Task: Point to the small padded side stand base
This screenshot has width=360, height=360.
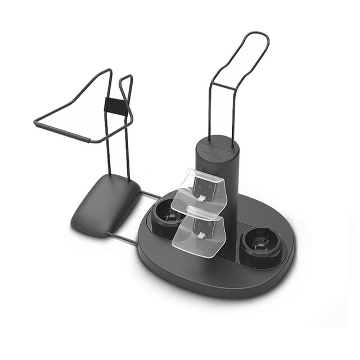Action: (105, 204)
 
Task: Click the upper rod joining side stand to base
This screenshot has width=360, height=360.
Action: (150, 196)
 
